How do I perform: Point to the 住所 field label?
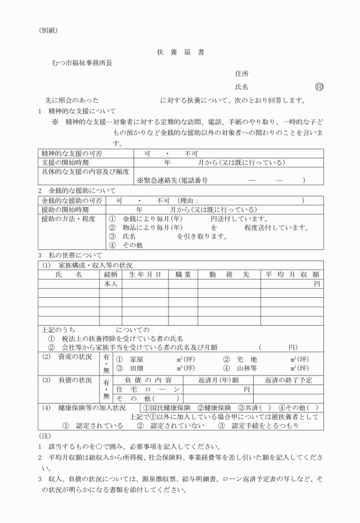(242, 74)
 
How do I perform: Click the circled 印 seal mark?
(319, 87)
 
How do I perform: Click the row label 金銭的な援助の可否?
(71, 201)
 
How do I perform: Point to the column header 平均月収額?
(291, 274)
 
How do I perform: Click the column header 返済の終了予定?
(289, 380)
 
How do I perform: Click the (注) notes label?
(45, 436)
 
